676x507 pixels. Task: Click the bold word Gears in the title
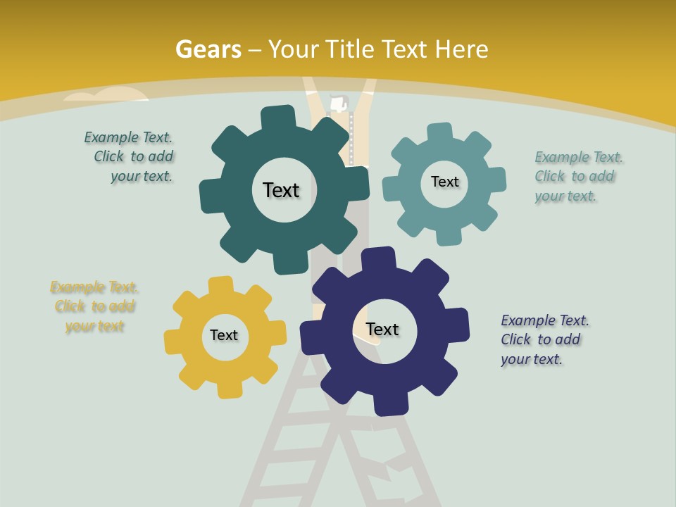208,49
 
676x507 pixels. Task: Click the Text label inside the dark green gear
281,190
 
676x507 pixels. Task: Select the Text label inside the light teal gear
444,182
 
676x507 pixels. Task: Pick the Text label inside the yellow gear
224,335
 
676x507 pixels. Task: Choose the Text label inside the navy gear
382,329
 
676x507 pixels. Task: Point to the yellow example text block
94,306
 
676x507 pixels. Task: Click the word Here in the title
461,49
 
